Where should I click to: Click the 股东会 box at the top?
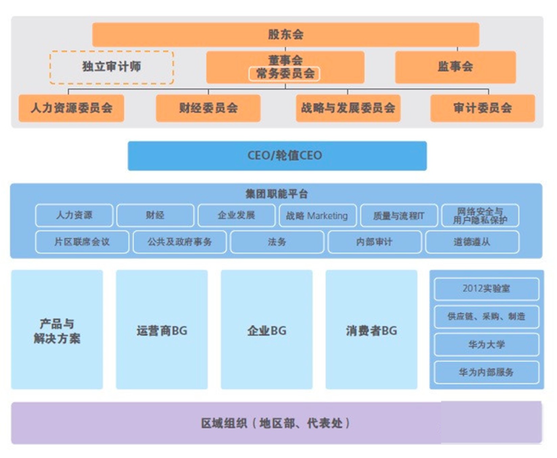pyautogui.click(x=286, y=35)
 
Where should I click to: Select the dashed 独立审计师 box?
pyautogui.click(x=112, y=67)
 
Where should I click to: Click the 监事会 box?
pyautogui.click(x=455, y=67)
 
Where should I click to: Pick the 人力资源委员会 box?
pyautogui.click(x=71, y=108)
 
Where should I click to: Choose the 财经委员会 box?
pyautogui.click(x=208, y=108)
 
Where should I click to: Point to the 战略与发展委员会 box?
pyautogui.click(x=348, y=108)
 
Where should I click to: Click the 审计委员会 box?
pyautogui.click(x=483, y=108)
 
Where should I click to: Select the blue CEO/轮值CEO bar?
pyautogui.click(x=277, y=155)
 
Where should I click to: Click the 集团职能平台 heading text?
pyautogui.click(x=277, y=194)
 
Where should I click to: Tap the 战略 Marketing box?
pyautogui.click(x=317, y=215)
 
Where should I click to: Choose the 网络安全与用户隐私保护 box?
pyautogui.click(x=480, y=215)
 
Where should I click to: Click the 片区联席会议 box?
pyautogui.click(x=82, y=242)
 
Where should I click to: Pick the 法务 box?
pyautogui.click(x=277, y=242)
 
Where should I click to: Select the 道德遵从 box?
pyautogui.click(x=472, y=242)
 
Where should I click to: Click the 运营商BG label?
pyautogui.click(x=162, y=331)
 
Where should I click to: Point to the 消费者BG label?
pyautogui.click(x=371, y=331)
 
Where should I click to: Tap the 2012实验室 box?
pyautogui.click(x=486, y=289)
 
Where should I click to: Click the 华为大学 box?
pyautogui.click(x=486, y=345)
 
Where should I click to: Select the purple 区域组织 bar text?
pyautogui.click(x=276, y=423)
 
